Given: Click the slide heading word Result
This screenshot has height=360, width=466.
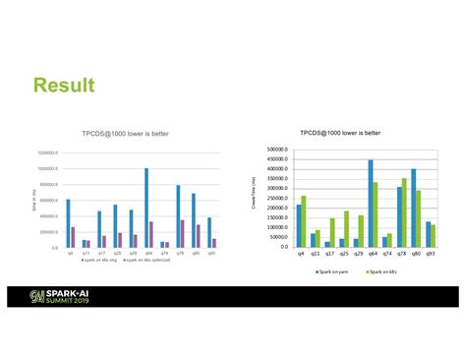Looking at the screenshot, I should (x=64, y=86).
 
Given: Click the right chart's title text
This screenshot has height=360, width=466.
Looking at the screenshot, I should (x=339, y=132).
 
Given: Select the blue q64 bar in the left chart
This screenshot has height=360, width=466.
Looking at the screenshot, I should (x=146, y=208).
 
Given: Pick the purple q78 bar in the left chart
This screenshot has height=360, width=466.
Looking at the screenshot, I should (x=182, y=234).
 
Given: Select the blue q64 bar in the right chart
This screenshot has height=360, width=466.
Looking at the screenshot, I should (x=371, y=203).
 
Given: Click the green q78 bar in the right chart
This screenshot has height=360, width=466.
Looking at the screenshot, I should (x=404, y=212).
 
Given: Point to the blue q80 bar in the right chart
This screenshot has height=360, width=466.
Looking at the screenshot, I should (x=414, y=208).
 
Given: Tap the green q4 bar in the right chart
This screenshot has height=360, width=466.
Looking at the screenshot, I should (x=303, y=221).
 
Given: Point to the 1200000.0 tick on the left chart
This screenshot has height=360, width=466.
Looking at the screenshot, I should (x=48, y=153).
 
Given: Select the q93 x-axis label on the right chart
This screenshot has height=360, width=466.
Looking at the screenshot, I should (x=431, y=254).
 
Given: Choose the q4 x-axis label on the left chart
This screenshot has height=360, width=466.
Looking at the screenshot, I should (x=70, y=254).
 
